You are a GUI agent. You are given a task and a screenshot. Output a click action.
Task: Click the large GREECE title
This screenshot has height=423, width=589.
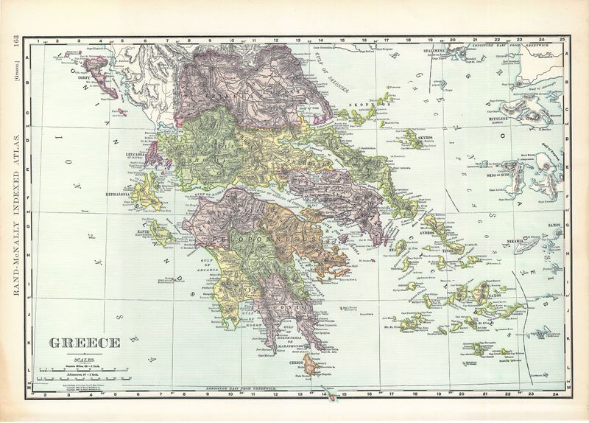[x=85, y=343]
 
